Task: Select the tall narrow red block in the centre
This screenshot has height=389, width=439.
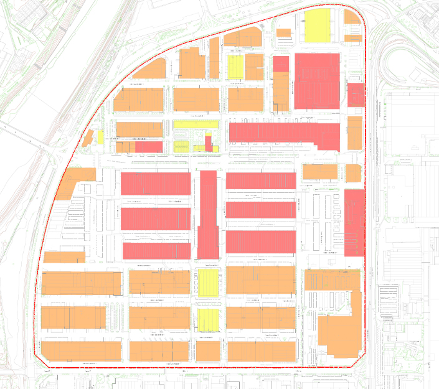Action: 209,214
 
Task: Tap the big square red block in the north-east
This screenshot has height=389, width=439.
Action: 317,80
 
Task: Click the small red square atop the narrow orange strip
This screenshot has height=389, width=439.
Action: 281,63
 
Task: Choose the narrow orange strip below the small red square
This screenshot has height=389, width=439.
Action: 281,92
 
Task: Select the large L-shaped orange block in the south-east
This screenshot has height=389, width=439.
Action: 336,324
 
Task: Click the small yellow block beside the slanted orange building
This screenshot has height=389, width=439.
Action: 100,137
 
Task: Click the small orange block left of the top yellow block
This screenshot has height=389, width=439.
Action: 284,32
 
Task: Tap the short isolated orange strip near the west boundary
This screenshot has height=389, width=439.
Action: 64,256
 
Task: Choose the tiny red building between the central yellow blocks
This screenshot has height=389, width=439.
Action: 209,143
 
